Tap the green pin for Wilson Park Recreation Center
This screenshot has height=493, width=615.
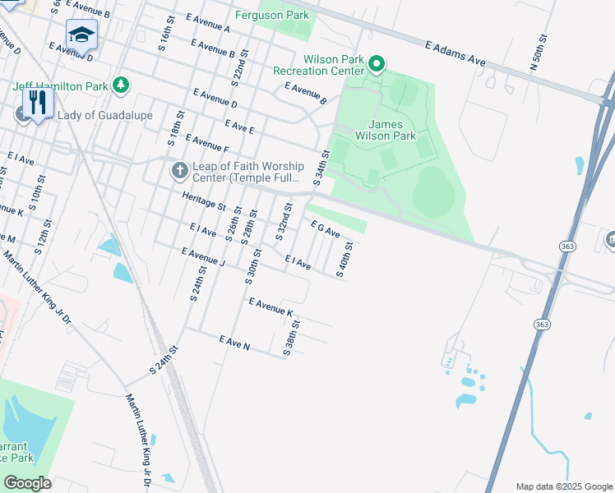point(377,63)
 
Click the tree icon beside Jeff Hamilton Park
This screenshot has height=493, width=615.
point(122,85)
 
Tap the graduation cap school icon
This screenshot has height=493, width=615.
point(81,35)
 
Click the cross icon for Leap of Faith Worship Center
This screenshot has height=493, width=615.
point(178,171)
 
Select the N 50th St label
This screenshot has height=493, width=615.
point(543,52)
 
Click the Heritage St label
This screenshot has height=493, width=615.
point(204,201)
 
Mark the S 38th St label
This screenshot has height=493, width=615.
point(293,339)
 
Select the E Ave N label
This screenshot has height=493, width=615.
point(234,342)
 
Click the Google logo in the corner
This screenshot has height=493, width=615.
point(27,483)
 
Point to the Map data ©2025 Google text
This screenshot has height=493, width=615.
point(563,486)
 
